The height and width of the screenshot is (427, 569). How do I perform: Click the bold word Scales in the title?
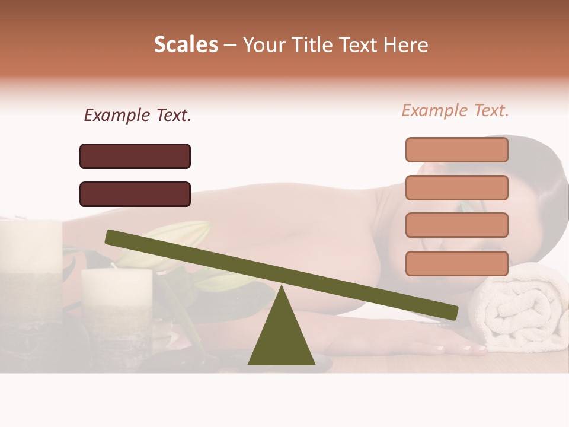(186, 44)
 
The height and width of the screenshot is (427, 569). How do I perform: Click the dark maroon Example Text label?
(138, 115)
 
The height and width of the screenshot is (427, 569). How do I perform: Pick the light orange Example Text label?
(455, 110)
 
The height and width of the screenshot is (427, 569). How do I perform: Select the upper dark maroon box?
(135, 156)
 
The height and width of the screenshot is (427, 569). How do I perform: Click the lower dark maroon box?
(135, 194)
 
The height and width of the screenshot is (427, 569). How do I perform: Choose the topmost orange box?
(457, 149)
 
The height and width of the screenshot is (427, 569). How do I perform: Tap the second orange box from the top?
(457, 187)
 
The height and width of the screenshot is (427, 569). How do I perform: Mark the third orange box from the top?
(457, 225)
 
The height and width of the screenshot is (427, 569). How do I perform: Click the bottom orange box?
(457, 263)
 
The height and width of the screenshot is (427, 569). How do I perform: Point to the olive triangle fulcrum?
(281, 335)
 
